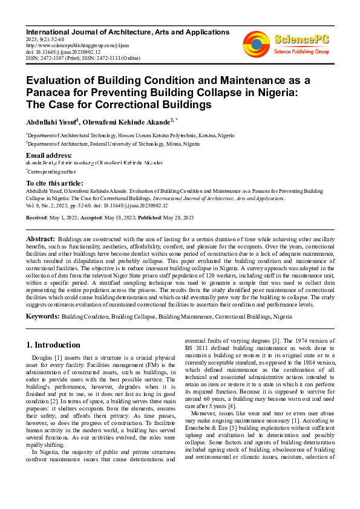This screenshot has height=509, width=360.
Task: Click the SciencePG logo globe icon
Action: point(257,44)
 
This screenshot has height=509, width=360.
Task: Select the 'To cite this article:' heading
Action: point(54,183)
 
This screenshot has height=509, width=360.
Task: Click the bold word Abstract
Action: point(41,240)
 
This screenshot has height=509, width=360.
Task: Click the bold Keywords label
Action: point(42,316)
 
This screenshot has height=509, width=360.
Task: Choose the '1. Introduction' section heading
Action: point(53,345)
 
